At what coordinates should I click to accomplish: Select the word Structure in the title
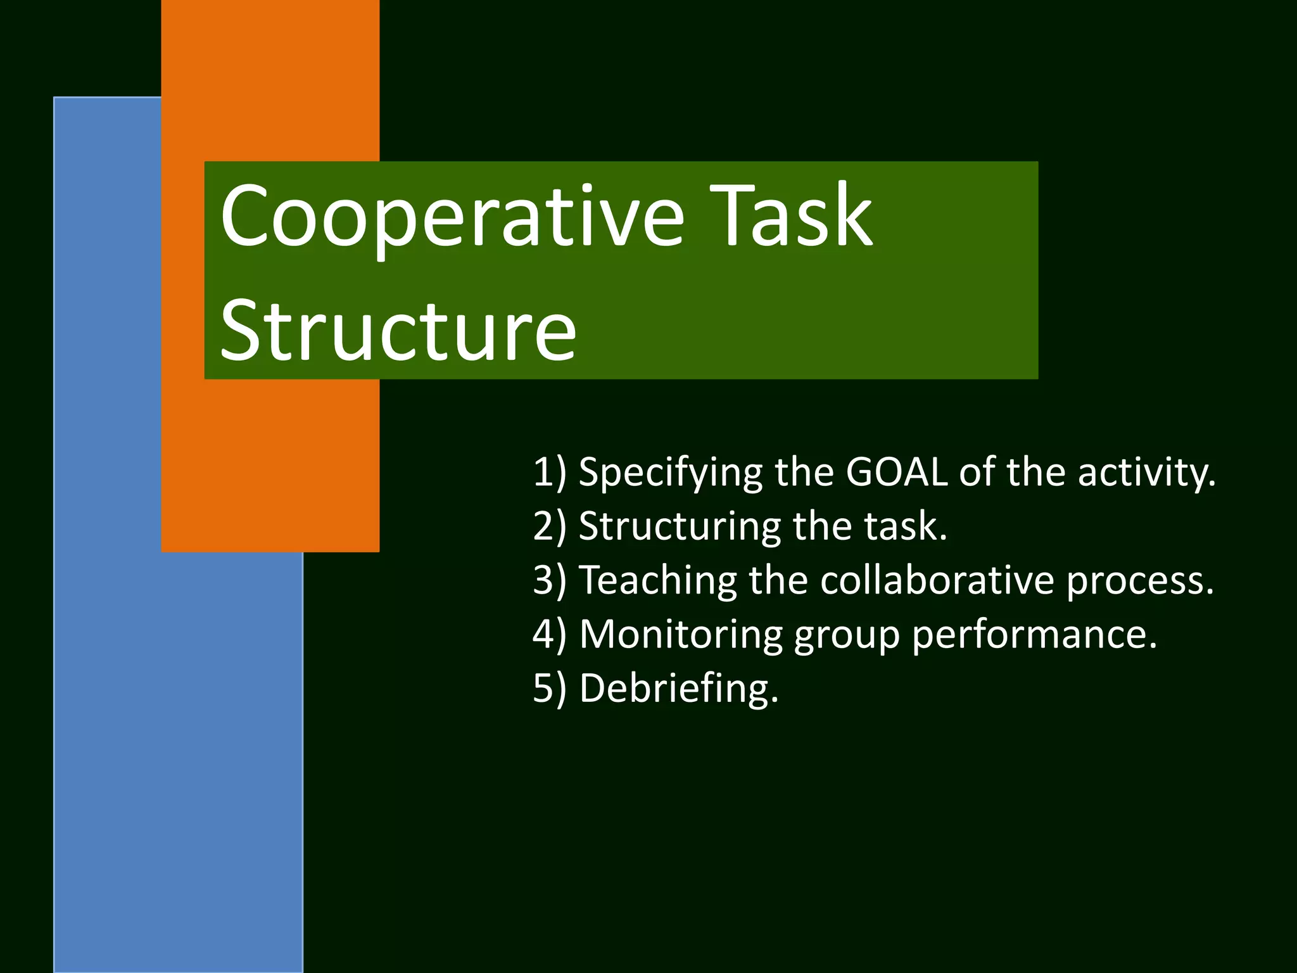pyautogui.click(x=398, y=331)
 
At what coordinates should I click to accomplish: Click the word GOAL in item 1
pyautogui.click(x=897, y=472)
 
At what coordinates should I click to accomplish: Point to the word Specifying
pyautogui.click(x=671, y=473)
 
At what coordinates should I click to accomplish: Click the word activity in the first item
pyautogui.click(x=1146, y=473)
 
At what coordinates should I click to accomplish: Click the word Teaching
pyautogui.click(x=659, y=580)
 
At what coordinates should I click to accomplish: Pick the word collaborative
pyautogui.click(x=937, y=580)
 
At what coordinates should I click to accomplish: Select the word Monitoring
pyautogui.click(x=681, y=635)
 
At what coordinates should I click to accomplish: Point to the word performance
pyautogui.click(x=1034, y=635)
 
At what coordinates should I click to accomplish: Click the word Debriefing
pyautogui.click(x=678, y=689)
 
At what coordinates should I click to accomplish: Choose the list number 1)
pyautogui.click(x=549, y=473)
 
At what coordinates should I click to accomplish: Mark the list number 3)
pyautogui.click(x=549, y=581)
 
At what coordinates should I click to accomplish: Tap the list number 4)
pyautogui.click(x=549, y=635)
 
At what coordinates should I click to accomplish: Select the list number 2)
pyautogui.click(x=549, y=527)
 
